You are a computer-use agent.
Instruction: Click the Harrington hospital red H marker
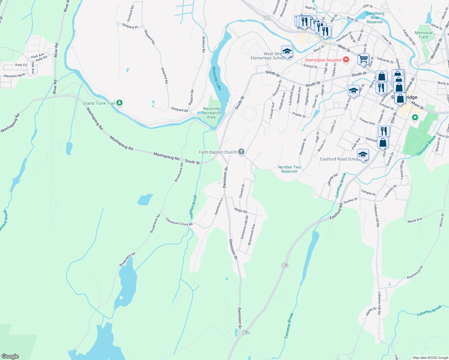(346, 60)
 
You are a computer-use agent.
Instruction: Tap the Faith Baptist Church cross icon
(241, 152)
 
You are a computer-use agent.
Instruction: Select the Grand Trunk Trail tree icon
(119, 103)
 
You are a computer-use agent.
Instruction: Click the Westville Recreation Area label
(211, 113)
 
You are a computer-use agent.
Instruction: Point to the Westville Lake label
(217, 78)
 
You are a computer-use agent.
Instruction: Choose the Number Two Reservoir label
(289, 169)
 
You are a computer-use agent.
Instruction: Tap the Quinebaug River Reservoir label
(375, 18)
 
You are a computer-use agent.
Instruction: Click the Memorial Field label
(423, 35)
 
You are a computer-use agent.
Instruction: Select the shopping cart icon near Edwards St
(363, 58)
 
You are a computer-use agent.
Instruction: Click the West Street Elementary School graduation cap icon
(287, 51)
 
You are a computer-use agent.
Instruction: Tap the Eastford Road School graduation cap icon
(363, 155)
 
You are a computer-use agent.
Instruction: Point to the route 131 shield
(267, 18)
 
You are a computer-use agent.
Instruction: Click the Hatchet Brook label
(193, 206)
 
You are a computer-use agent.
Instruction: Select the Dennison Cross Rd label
(179, 222)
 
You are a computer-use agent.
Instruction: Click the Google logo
(10, 356)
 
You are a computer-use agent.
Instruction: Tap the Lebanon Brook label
(429, 311)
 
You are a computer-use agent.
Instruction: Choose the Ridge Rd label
(241, 211)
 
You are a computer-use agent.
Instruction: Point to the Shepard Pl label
(130, 26)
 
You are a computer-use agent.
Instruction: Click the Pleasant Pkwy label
(14, 76)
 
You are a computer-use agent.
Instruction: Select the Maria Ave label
(415, 220)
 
